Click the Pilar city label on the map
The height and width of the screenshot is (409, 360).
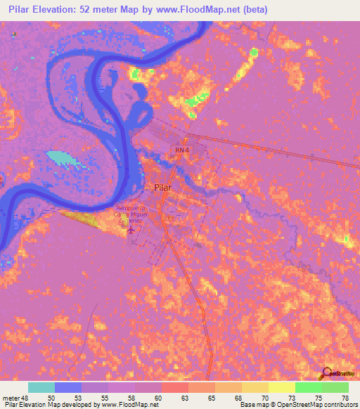(162, 188)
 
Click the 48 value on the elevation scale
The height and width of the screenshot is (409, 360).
(25, 398)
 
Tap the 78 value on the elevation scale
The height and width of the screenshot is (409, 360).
(345, 398)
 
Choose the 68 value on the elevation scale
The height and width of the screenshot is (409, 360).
(239, 398)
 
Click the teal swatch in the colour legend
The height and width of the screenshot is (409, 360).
(41, 387)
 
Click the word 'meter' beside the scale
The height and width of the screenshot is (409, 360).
(10, 398)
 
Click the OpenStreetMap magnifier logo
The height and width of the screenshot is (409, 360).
(328, 374)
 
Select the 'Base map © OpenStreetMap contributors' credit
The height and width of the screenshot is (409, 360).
(297, 405)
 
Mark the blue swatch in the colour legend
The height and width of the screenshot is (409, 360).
(67, 387)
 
